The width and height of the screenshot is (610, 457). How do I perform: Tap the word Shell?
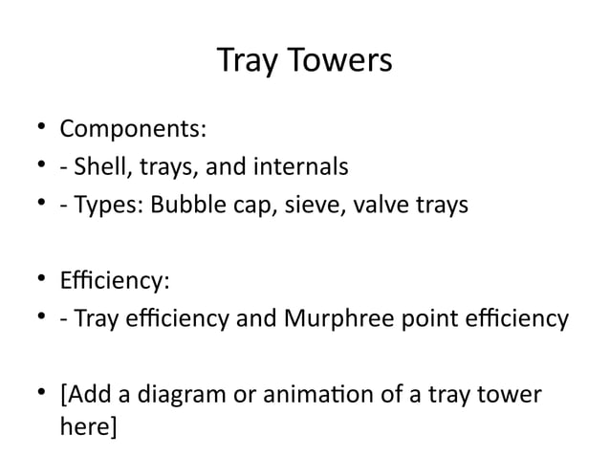click(98, 167)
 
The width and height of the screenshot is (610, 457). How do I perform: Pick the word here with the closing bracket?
click(88, 424)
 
